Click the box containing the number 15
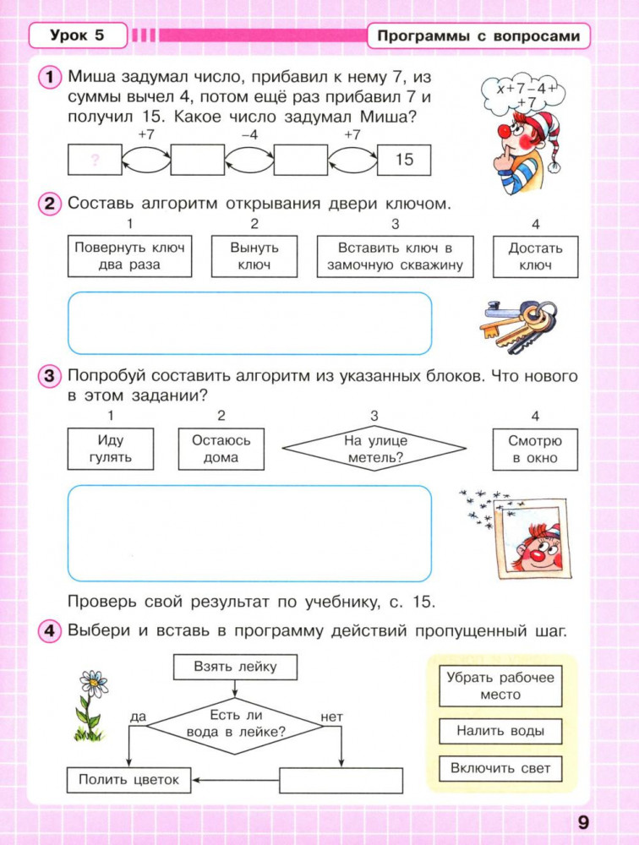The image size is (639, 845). (x=404, y=159)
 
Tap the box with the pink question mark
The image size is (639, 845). (x=94, y=159)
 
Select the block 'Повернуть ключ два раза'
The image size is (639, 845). (x=128, y=256)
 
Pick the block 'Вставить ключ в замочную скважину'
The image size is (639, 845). (x=395, y=256)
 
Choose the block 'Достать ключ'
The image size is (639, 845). (x=535, y=256)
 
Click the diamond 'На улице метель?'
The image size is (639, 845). (x=374, y=449)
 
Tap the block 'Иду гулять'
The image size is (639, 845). (x=110, y=449)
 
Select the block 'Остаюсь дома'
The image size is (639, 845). (x=221, y=449)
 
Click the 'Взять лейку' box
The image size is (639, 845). (x=235, y=667)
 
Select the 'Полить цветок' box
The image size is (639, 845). (x=128, y=780)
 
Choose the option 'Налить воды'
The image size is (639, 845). (x=500, y=731)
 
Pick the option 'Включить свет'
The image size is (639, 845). (x=500, y=768)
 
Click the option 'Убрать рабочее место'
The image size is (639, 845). (x=500, y=685)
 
